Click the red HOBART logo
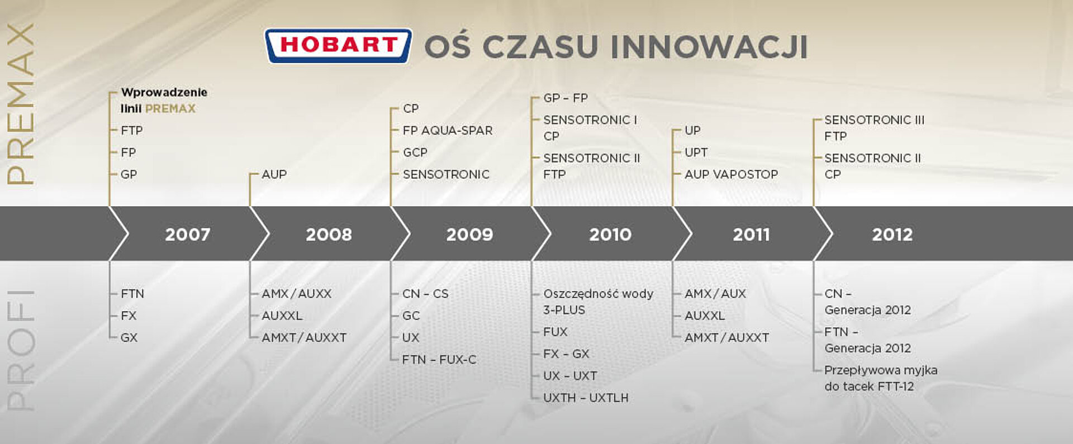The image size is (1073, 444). click(x=338, y=45)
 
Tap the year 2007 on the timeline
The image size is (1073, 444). click(x=187, y=234)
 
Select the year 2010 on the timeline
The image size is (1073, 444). click(x=610, y=234)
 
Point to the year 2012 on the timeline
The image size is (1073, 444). click(x=892, y=234)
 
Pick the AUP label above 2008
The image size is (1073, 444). click(x=274, y=174)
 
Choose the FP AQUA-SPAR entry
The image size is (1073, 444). click(x=448, y=130)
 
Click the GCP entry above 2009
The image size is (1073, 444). click(x=415, y=152)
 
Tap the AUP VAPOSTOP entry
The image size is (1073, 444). click(x=731, y=174)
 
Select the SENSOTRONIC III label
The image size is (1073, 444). click(x=874, y=120)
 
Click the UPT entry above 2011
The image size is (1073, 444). click(x=696, y=152)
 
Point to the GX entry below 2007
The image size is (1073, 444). click(x=129, y=337)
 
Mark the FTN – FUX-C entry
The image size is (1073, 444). click(x=439, y=360)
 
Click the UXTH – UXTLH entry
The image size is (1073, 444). click(x=586, y=398)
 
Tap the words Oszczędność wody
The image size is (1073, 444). click(x=598, y=294)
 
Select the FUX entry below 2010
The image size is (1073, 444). click(x=555, y=332)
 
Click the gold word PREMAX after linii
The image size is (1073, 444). click(x=170, y=108)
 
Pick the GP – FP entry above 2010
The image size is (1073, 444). click(x=566, y=98)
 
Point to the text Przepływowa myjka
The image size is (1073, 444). click(x=881, y=370)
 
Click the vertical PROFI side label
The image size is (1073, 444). click(x=20, y=351)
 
